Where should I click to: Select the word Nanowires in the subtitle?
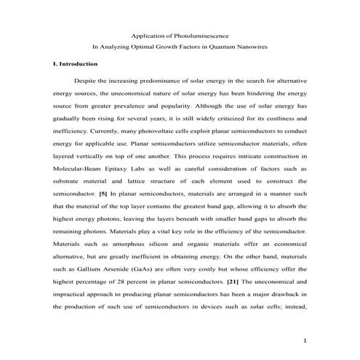click(x=251, y=47)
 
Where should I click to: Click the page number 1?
click(x=306, y=340)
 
